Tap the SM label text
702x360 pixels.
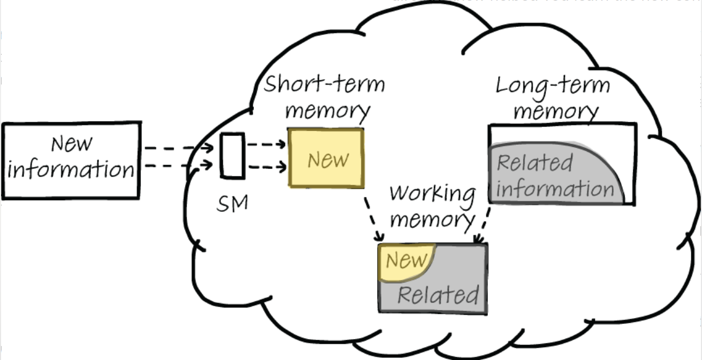pyautogui.click(x=232, y=204)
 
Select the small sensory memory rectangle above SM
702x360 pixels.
pyautogui.click(x=232, y=156)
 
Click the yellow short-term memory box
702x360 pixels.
pyautogui.click(x=326, y=158)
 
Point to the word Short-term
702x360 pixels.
pyautogui.click(x=324, y=85)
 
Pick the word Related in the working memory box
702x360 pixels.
pyautogui.click(x=438, y=295)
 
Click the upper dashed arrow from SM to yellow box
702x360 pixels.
pyautogui.click(x=267, y=144)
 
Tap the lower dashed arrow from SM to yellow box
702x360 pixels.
pyautogui.click(x=267, y=167)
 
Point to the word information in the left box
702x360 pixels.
pyautogui.click(x=71, y=170)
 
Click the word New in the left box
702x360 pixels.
pyautogui.click(x=72, y=144)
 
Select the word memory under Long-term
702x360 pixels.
pyautogui.click(x=556, y=112)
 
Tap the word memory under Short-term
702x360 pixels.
pyautogui.click(x=328, y=111)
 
